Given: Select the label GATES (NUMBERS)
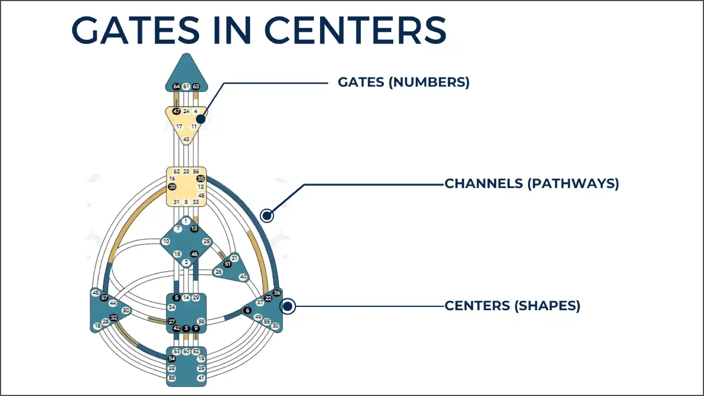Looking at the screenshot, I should [403, 82].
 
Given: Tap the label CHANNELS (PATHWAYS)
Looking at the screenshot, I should [531, 184].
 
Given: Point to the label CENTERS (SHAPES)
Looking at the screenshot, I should [512, 306].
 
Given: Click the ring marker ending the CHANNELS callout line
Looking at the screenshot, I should [267, 216].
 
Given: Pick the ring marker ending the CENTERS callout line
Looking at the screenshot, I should [288, 306].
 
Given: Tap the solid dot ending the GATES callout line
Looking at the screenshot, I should [201, 119].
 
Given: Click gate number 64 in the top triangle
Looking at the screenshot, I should [177, 86].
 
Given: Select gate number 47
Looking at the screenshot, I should [177, 111].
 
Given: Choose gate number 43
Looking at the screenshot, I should [186, 140].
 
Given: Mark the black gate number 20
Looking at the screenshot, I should [172, 187].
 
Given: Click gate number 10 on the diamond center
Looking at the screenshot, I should [166, 241].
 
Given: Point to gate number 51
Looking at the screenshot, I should [228, 264].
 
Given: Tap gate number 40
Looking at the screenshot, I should [243, 277].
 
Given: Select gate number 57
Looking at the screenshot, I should [104, 298].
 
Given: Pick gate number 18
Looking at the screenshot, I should [97, 326].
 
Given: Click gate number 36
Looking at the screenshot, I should [277, 293].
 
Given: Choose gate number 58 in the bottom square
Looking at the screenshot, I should [172, 378].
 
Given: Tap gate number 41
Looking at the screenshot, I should [201, 378].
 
